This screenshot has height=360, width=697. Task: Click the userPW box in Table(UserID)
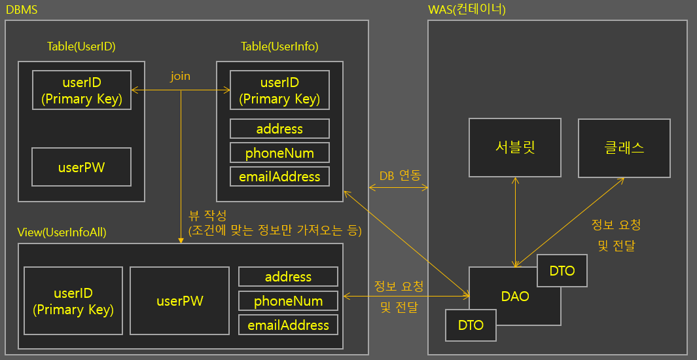click(x=81, y=167)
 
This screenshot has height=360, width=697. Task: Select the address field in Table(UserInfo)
click(x=279, y=128)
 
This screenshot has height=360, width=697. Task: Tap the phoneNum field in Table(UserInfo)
click(x=279, y=153)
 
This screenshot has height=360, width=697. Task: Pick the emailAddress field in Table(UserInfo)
click(x=279, y=176)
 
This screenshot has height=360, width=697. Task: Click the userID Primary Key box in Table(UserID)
click(x=81, y=90)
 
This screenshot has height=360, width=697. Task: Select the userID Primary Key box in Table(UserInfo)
click(x=279, y=90)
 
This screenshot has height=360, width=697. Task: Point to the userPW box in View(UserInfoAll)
click(x=179, y=300)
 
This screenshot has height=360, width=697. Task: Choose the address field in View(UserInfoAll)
click(x=288, y=276)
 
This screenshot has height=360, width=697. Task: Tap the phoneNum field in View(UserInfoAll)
click(x=288, y=300)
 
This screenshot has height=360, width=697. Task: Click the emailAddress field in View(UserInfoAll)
click(x=288, y=325)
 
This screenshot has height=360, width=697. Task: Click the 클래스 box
click(x=624, y=147)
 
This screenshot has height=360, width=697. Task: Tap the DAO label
click(x=515, y=296)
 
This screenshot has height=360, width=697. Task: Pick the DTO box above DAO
click(x=562, y=270)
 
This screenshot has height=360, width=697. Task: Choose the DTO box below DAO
click(x=471, y=325)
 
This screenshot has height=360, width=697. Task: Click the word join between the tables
click(x=180, y=76)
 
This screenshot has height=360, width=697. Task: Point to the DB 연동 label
click(x=399, y=175)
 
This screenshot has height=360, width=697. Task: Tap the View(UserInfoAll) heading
click(x=62, y=232)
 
